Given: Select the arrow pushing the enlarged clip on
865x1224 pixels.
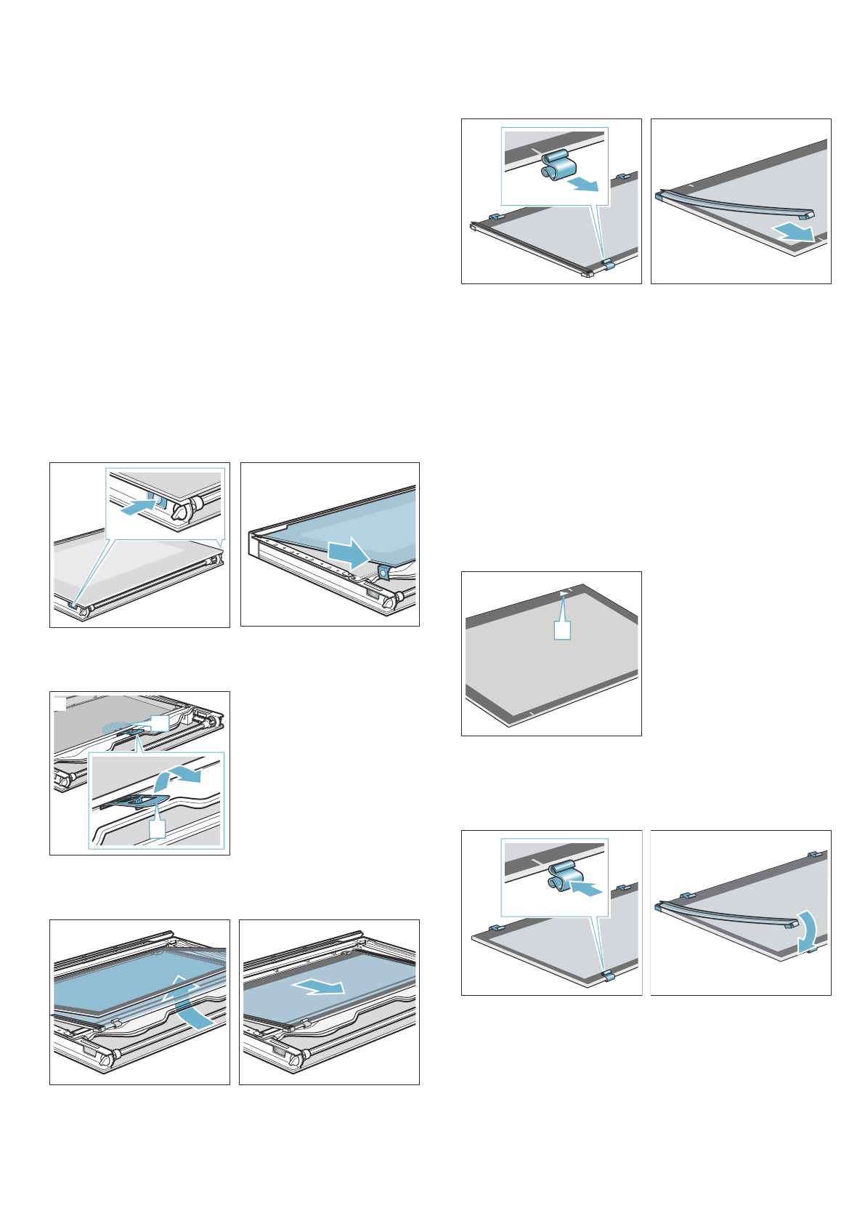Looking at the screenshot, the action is [x=587, y=887].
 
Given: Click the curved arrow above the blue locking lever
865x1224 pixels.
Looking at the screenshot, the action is [x=177, y=778].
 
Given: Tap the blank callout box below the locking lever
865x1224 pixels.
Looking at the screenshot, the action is [x=157, y=828].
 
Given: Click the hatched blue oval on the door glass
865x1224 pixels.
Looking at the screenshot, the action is [x=118, y=725].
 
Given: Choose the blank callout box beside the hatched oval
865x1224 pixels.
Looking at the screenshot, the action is [x=159, y=722].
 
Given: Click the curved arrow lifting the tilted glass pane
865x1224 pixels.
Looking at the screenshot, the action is [x=191, y=1004].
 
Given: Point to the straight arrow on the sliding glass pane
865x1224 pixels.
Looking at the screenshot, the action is [x=320, y=986].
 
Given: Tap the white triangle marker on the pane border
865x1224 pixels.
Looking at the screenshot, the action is [x=564, y=594].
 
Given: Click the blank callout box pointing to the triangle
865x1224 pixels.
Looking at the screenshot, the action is [x=563, y=630].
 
